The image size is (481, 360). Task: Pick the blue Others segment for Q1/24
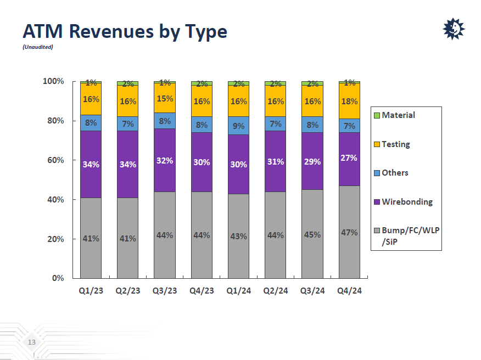point(239,126)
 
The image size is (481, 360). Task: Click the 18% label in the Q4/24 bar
point(349,102)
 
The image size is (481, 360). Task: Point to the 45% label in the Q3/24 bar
point(312,235)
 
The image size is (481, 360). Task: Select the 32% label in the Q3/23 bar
point(165,161)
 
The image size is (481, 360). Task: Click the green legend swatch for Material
point(377,115)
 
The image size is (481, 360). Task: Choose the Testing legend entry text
point(395,144)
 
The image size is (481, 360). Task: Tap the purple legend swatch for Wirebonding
point(377,202)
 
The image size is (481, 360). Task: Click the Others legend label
point(395,173)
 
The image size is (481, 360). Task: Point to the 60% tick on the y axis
point(53,160)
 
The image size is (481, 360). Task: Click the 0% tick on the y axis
point(57,278)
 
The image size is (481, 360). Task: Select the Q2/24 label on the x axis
point(276,291)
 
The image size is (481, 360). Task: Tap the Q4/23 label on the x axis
point(202,291)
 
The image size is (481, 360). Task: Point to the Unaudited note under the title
point(38,47)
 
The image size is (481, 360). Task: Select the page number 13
point(31,343)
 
